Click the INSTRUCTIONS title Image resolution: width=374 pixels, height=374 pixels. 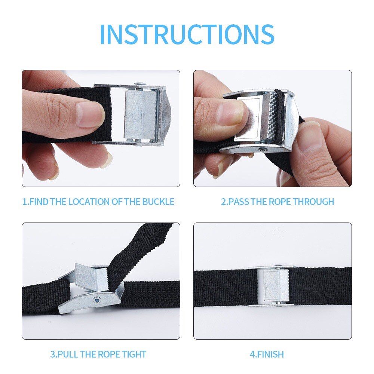click(x=187, y=34)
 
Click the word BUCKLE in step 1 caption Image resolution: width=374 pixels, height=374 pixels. click(x=158, y=202)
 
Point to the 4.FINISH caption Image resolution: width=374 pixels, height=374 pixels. click(x=267, y=354)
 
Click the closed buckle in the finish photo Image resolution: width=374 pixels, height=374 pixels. click(x=272, y=286)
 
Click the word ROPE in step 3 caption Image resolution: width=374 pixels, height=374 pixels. click(x=111, y=354)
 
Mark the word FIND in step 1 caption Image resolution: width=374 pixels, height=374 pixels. click(x=39, y=202)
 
